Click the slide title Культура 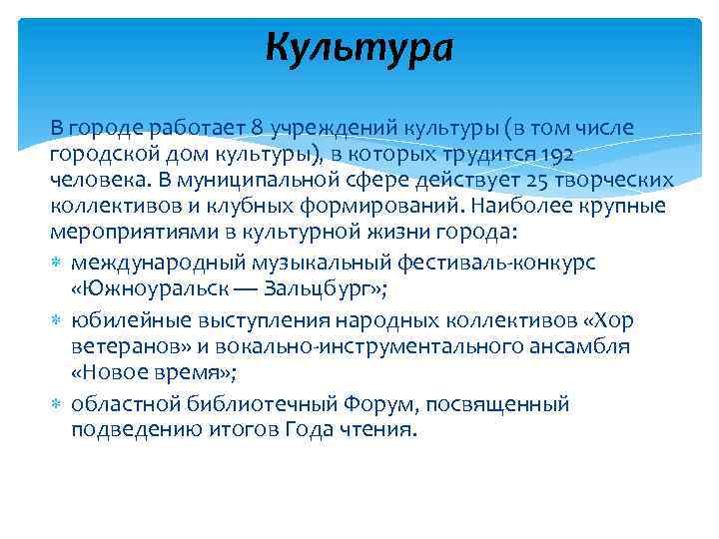point(359,46)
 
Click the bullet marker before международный point(56,262)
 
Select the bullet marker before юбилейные point(56,319)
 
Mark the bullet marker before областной point(56,404)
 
